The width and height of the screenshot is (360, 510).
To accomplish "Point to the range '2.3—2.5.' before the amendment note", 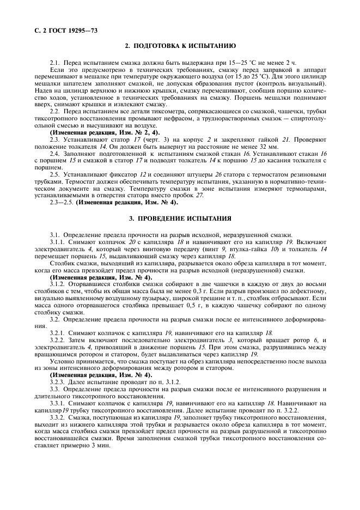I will (61, 202).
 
